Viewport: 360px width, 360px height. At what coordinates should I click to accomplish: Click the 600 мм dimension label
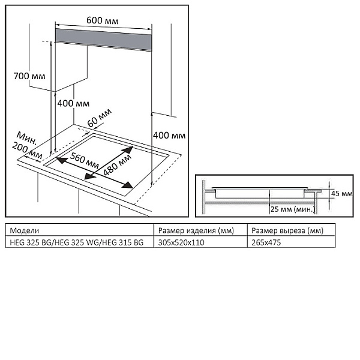tap(102, 20)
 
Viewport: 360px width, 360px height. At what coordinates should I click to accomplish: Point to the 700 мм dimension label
tap(29, 76)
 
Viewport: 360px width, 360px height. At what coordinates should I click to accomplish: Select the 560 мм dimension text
tap(83, 160)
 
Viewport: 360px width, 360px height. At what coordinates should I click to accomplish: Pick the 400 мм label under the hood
tap(73, 103)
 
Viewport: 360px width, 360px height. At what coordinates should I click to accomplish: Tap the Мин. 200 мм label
tap(27, 144)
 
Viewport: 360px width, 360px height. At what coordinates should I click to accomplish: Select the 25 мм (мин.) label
tap(292, 209)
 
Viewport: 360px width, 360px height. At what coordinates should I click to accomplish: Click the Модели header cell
tap(25, 230)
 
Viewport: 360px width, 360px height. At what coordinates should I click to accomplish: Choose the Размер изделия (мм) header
tap(195, 230)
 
